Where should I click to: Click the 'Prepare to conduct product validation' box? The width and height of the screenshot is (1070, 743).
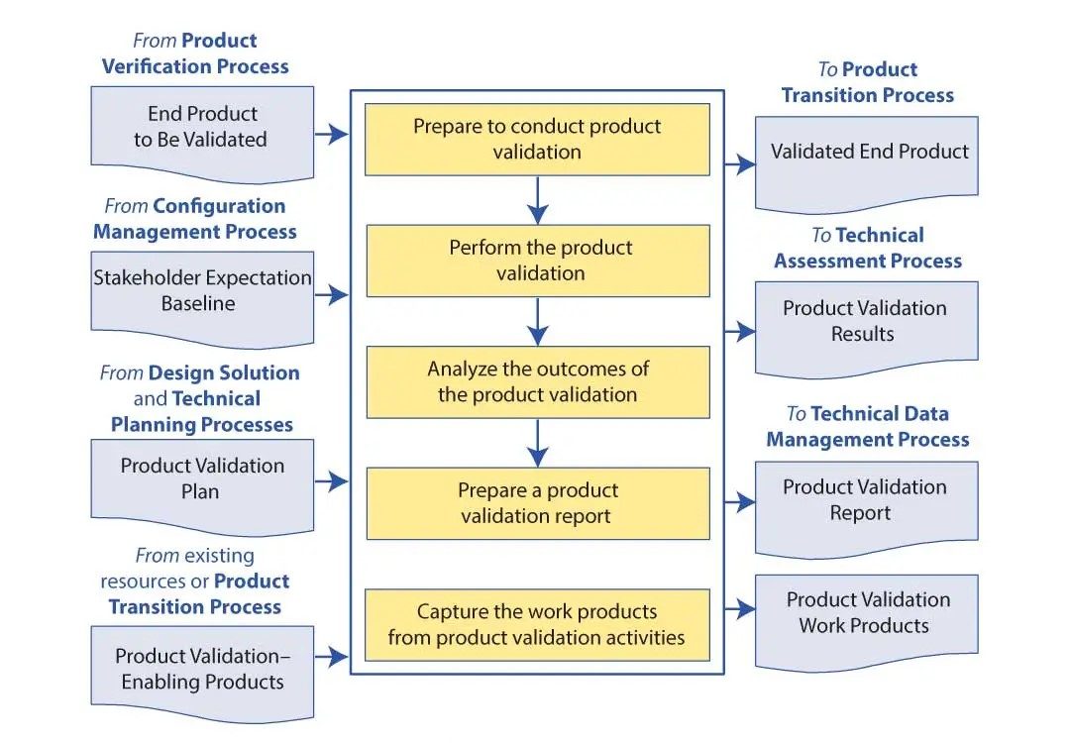537,139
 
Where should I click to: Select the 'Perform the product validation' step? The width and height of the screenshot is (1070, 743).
538,261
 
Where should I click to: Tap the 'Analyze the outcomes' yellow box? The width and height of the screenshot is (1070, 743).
538,382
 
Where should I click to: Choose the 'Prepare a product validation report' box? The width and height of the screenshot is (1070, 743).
538,503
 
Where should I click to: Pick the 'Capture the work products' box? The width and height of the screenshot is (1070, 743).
537,625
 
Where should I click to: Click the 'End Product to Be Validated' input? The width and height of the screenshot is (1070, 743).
202,134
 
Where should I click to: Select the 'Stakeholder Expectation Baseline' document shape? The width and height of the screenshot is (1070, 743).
202,299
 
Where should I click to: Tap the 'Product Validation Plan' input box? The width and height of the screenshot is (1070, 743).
202,486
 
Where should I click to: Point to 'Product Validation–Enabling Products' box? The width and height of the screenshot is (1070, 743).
202,674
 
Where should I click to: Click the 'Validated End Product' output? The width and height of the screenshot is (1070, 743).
867,163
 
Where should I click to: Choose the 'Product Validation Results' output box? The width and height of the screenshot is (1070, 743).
867,329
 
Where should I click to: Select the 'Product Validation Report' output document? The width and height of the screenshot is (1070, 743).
867,509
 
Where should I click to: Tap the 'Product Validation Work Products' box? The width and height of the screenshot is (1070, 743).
867,622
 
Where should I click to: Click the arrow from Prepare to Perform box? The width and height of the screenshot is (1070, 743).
538,200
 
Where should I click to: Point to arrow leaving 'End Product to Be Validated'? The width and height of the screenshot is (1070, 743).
332,134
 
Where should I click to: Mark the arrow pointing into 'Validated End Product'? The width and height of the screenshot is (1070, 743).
740,163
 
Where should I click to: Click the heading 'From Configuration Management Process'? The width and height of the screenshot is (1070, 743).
195,218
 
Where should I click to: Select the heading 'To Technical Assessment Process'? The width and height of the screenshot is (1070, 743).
867,248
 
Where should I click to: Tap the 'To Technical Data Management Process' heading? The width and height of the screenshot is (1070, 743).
867,426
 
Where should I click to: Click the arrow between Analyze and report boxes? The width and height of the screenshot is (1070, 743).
538,444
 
